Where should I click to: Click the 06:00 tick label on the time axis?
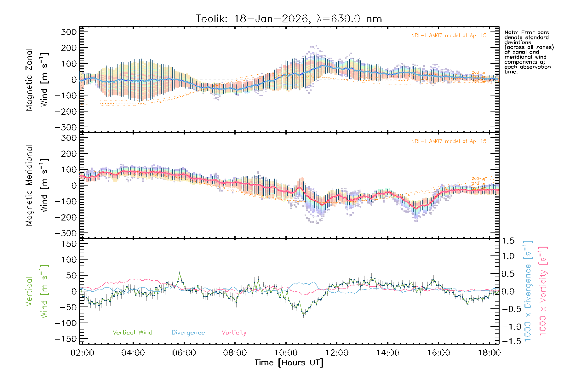pos(184,353)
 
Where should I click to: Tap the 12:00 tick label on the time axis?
pos(337,353)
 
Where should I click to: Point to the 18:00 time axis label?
pos(489,353)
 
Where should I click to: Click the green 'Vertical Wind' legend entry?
pos(132,333)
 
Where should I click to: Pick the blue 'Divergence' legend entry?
pos(188,333)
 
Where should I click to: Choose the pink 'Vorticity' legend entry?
pos(234,333)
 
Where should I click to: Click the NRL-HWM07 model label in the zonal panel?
pos(449,36)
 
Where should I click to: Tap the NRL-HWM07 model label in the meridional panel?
pos(449,141)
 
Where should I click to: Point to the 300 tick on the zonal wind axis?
pos(69,32)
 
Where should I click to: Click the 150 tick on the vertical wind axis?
pos(69,244)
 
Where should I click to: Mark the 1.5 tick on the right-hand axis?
pos(508,241)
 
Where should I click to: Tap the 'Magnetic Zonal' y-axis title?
pos(29,79)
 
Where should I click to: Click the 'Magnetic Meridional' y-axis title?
pos(29,186)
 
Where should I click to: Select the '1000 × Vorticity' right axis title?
pos(543,290)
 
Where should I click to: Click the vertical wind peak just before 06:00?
pos(180,273)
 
